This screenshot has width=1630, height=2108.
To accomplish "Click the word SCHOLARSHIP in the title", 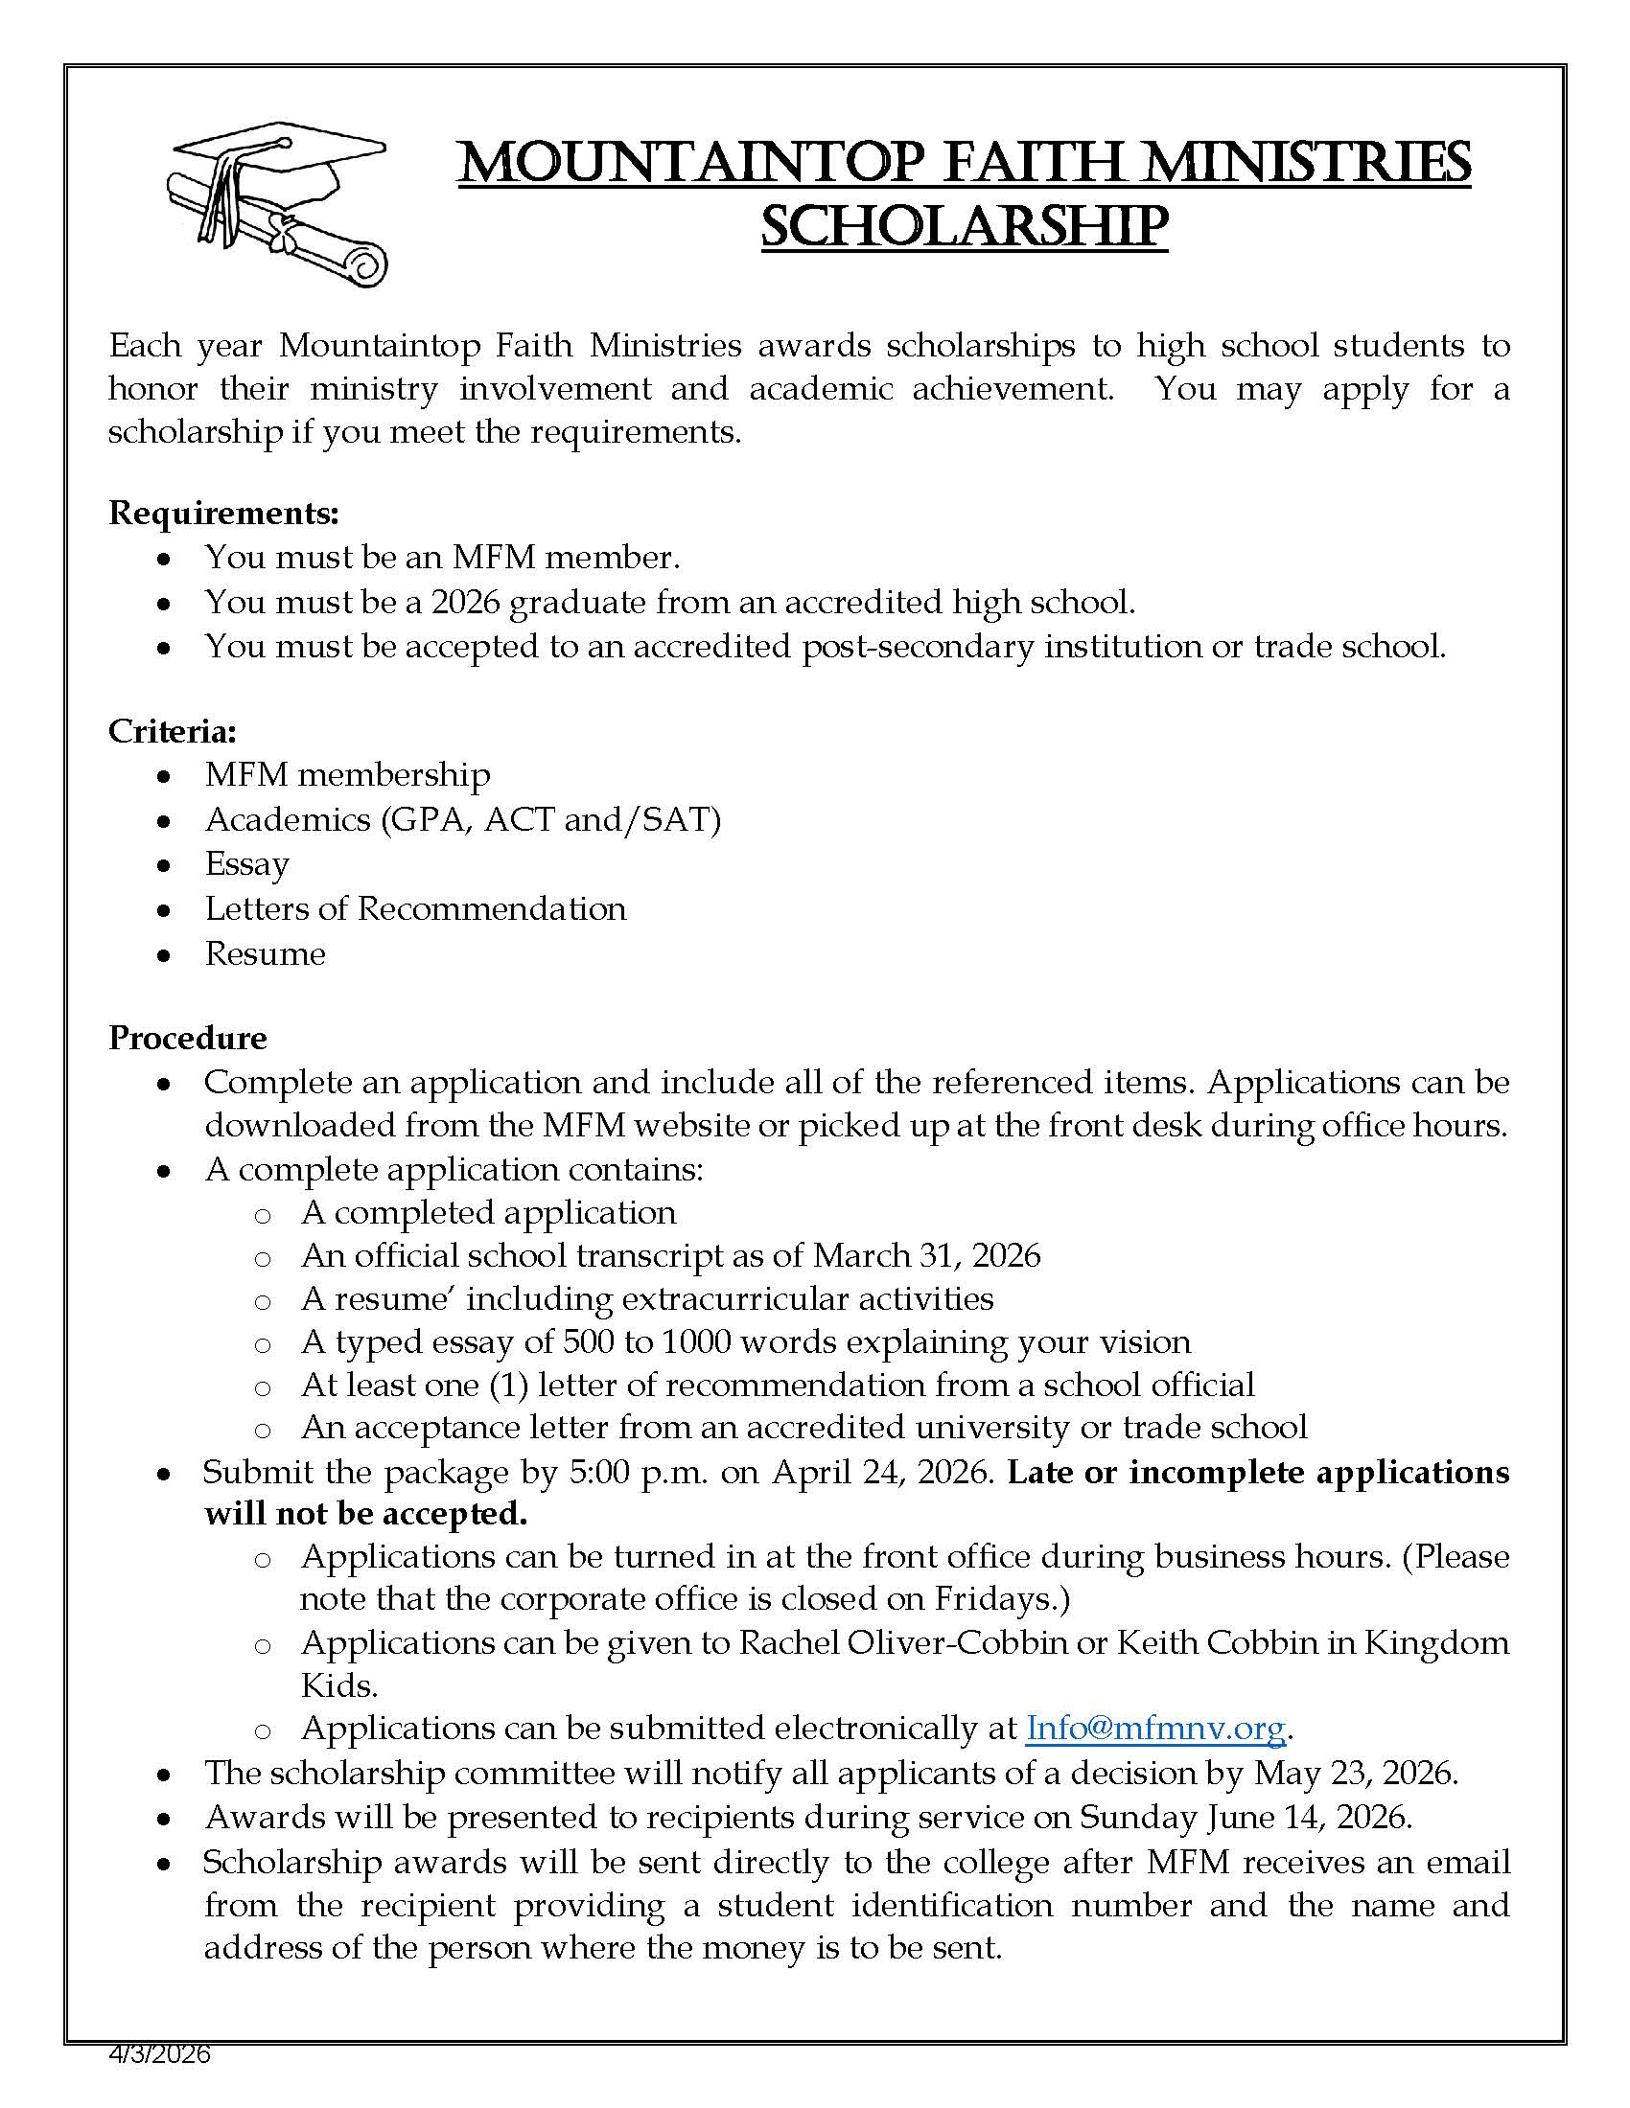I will [964, 227].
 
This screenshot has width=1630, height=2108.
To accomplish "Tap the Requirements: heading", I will [223, 513].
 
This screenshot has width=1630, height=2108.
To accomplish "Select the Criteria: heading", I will [172, 732].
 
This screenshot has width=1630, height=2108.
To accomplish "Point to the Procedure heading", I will [187, 1038].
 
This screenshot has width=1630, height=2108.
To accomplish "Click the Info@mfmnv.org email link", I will [1155, 1727].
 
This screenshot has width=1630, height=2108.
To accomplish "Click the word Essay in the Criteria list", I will [246, 864].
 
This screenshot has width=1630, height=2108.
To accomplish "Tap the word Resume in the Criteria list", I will [265, 953].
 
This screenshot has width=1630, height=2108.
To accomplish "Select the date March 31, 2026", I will [926, 1256].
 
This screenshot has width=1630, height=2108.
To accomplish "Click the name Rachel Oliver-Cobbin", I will [902, 1641].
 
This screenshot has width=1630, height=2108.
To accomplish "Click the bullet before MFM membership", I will [165, 776].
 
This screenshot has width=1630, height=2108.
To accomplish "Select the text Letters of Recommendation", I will [415, 909].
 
